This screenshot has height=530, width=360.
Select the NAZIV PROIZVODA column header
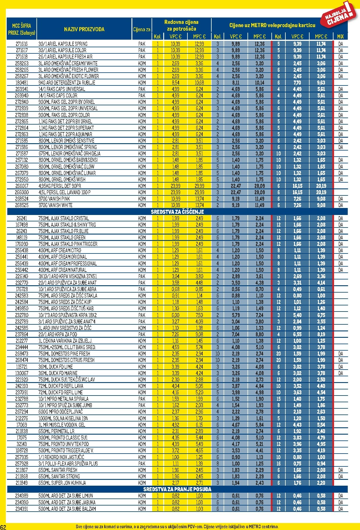(x=84, y=29)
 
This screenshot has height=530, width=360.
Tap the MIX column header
(x=340, y=36)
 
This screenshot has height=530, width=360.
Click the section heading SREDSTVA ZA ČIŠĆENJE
(x=177, y=212)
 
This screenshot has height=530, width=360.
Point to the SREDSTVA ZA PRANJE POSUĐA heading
(x=177, y=489)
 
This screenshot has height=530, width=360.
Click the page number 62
(x=3, y=527)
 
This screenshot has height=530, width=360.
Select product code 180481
(x=22, y=83)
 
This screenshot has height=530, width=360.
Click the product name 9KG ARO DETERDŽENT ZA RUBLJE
(x=67, y=83)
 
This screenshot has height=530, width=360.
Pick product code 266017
(x=22, y=186)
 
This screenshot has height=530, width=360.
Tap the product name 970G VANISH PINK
(x=54, y=199)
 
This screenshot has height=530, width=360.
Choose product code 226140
(x=22, y=276)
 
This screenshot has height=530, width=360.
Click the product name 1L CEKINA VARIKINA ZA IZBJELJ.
(x=65, y=341)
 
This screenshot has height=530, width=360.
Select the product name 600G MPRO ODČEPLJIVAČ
(x=61, y=412)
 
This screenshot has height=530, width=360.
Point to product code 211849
(x=22, y=483)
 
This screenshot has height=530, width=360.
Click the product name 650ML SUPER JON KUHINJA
(x=62, y=483)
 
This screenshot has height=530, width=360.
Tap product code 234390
(x=22, y=502)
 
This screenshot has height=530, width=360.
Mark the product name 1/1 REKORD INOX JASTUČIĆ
(x=61, y=457)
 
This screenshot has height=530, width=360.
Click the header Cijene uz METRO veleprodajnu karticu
(x=272, y=25)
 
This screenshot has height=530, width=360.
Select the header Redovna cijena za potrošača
(x=181, y=25)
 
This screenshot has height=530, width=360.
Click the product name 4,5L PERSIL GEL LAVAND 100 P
(x=64, y=193)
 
